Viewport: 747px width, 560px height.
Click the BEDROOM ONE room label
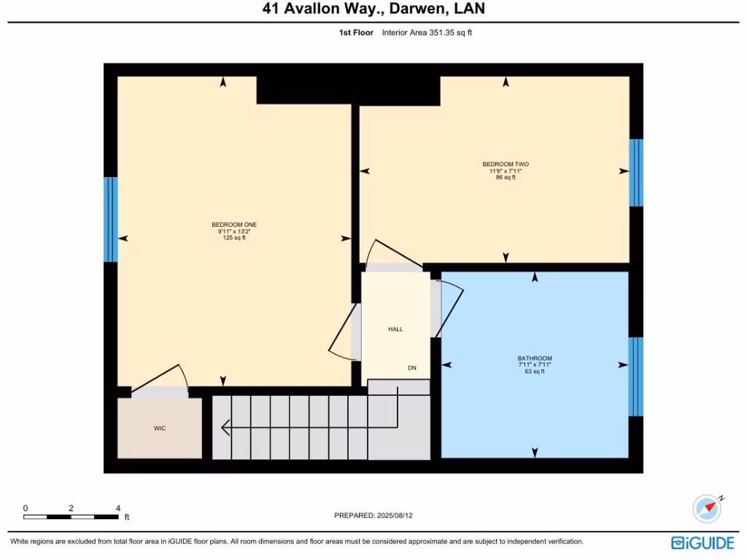click(x=234, y=225)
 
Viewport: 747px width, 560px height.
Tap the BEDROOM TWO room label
click(x=506, y=164)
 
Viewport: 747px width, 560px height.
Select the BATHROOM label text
click(x=535, y=358)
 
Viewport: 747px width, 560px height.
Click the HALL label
click(x=395, y=330)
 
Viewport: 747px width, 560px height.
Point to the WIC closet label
click(x=160, y=428)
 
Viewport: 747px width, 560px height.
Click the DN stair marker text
click(x=412, y=368)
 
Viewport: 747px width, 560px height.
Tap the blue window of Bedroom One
click(x=111, y=219)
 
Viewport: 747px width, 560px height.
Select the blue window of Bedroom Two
click(x=636, y=173)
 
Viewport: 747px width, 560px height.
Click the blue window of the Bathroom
click(x=636, y=376)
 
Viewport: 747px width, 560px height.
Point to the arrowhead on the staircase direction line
click(x=225, y=427)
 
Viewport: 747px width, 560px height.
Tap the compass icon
click(x=707, y=508)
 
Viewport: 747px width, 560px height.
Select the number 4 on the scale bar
click(x=117, y=508)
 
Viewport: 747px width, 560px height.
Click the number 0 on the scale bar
click(x=25, y=508)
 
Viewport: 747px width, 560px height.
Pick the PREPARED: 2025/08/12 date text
click(x=378, y=516)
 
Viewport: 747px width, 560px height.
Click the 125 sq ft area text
click(x=234, y=238)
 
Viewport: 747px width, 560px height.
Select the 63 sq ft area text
click(x=535, y=372)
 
